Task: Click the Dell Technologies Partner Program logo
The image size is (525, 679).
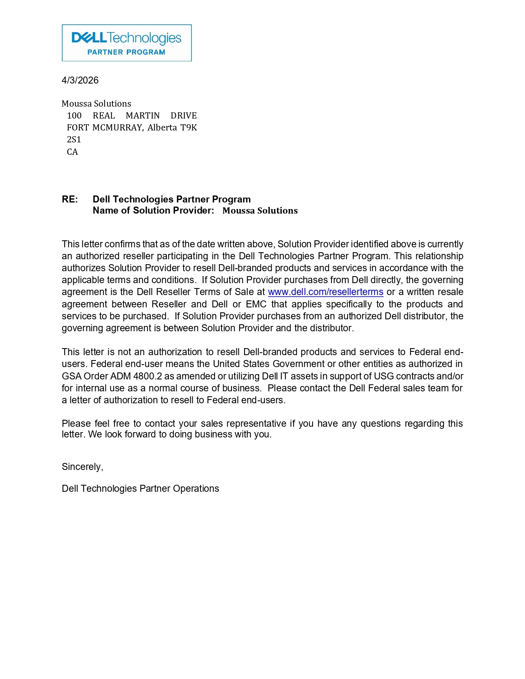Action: tap(126, 43)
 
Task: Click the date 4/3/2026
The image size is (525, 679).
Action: tap(80, 80)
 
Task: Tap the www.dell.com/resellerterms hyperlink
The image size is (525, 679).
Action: tap(325, 292)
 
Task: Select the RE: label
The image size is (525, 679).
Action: tap(70, 200)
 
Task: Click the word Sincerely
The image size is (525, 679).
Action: tap(82, 467)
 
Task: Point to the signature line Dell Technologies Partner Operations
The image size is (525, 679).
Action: tap(140, 489)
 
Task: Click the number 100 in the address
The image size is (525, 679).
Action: tap(75, 116)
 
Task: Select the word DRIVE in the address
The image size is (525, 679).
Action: tap(184, 116)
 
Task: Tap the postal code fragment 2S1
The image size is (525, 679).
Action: tap(74, 140)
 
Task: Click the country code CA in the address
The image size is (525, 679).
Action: tap(72, 152)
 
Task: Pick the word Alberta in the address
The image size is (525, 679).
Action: tap(162, 128)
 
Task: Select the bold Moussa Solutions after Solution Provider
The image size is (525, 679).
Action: tap(260, 211)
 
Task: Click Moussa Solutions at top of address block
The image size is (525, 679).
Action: tap(96, 104)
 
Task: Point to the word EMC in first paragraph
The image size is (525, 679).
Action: tap(256, 305)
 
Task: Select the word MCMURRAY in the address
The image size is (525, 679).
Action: tap(117, 128)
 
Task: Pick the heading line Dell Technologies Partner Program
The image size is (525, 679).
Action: tap(171, 200)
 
